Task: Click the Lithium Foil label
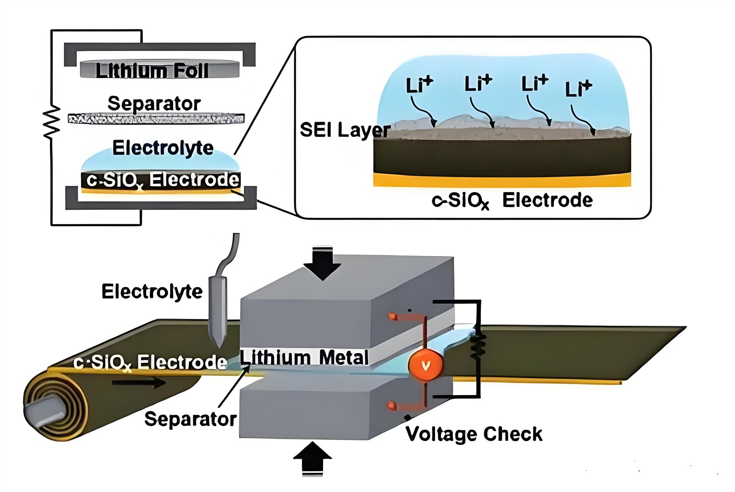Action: click(x=152, y=70)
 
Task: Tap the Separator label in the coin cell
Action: click(x=154, y=103)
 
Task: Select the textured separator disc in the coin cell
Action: click(x=156, y=119)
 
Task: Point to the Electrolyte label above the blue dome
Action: click(x=163, y=148)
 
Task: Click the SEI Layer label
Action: click(x=345, y=130)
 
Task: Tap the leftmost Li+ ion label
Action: click(x=419, y=85)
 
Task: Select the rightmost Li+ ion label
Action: click(x=578, y=88)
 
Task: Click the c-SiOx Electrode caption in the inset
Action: click(x=512, y=200)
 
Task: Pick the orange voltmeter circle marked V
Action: click(x=426, y=365)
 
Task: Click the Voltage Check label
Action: click(x=474, y=434)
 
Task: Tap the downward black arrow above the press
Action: click(x=322, y=263)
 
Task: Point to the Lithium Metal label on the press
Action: click(x=304, y=357)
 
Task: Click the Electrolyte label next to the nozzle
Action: click(x=152, y=291)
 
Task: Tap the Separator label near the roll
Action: click(x=190, y=419)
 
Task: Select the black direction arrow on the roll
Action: click(x=138, y=382)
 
